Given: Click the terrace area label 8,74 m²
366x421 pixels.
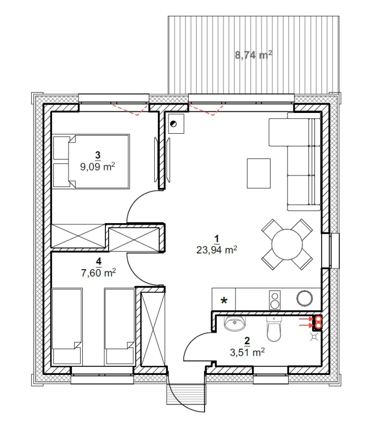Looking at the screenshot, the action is point(254,55).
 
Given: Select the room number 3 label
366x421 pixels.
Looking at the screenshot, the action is point(98,155).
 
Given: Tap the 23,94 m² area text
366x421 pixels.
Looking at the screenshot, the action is point(217,250).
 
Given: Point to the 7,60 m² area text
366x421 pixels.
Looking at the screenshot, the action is point(98,273).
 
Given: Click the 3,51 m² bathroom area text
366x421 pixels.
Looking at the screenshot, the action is point(247,352).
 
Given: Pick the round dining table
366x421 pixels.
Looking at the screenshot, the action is point(287,244).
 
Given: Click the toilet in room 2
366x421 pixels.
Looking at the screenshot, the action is point(274,329).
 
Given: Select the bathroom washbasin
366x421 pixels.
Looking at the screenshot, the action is point(234,323).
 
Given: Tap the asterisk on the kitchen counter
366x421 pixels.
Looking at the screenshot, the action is point(223,300).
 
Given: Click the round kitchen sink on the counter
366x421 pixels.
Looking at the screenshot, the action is point(305,298).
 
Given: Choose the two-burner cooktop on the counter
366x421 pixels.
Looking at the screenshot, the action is point(274,300).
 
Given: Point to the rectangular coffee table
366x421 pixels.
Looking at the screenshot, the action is point(258,173).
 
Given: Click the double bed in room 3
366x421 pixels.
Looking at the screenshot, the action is point(91,162).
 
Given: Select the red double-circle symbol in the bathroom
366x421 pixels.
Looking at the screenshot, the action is point(318,322).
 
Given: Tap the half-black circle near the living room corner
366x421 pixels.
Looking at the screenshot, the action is point(173,124).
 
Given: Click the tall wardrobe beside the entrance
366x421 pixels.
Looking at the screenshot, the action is point(153,327).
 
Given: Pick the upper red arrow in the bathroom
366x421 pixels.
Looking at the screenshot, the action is point(306,319).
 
